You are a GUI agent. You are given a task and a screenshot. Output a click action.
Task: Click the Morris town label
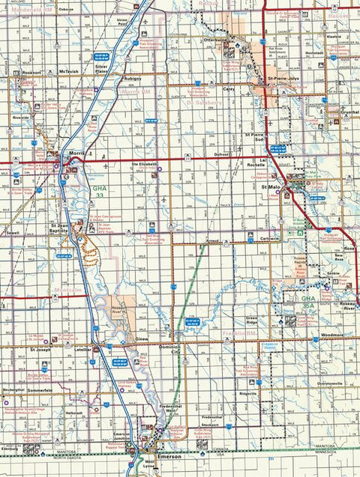click(x=76, y=154)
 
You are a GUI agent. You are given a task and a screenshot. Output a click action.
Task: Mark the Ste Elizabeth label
click(x=145, y=163)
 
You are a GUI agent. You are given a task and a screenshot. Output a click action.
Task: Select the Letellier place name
click(x=82, y=349)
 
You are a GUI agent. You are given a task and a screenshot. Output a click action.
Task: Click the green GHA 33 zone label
click(x=100, y=192)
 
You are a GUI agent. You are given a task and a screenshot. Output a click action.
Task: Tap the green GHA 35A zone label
click(x=307, y=301)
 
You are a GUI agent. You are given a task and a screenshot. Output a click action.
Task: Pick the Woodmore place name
click(x=331, y=335)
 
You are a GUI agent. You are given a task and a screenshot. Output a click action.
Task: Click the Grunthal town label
click(x=349, y=112)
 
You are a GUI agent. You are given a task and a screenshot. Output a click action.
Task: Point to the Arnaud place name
click(x=212, y=240)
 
